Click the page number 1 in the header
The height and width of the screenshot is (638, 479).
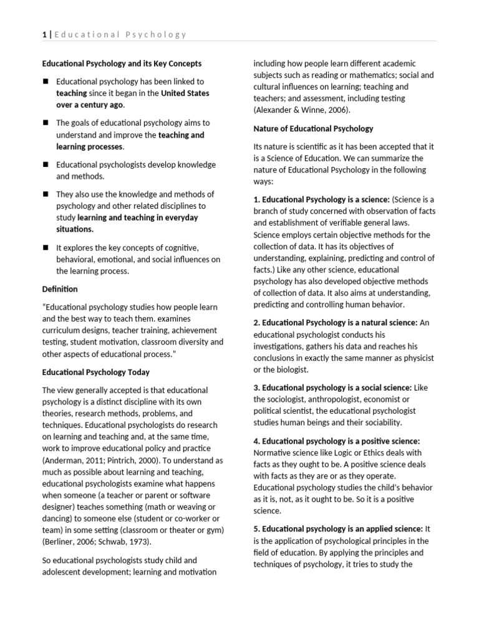click(x=44, y=34)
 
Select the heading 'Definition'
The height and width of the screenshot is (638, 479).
click(x=60, y=289)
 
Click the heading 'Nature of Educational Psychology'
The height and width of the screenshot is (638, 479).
click(x=313, y=128)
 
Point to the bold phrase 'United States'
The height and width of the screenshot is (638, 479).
click(x=185, y=93)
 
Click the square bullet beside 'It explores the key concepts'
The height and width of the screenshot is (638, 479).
click(x=46, y=248)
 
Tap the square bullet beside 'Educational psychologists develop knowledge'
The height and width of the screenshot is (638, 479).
click(x=46, y=165)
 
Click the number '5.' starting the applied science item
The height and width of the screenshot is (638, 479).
click(x=256, y=529)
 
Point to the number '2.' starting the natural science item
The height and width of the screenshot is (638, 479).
click(x=256, y=323)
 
